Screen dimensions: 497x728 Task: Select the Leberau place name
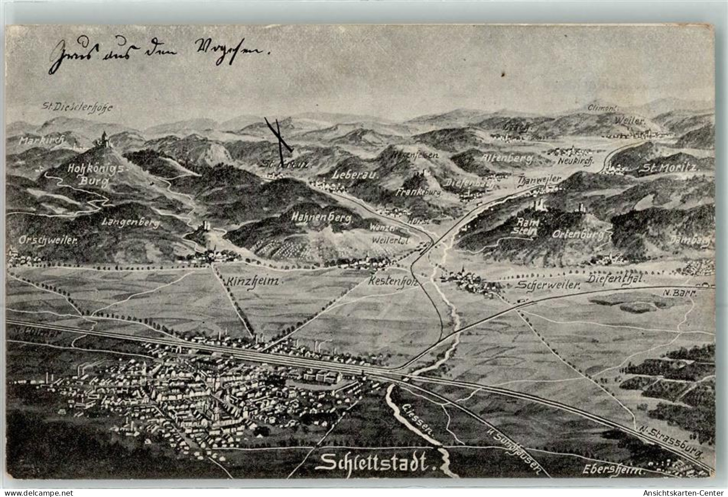tap(356, 175)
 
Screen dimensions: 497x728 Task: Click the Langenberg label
tap(131, 222)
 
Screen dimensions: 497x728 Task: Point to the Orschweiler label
tap(48, 240)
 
